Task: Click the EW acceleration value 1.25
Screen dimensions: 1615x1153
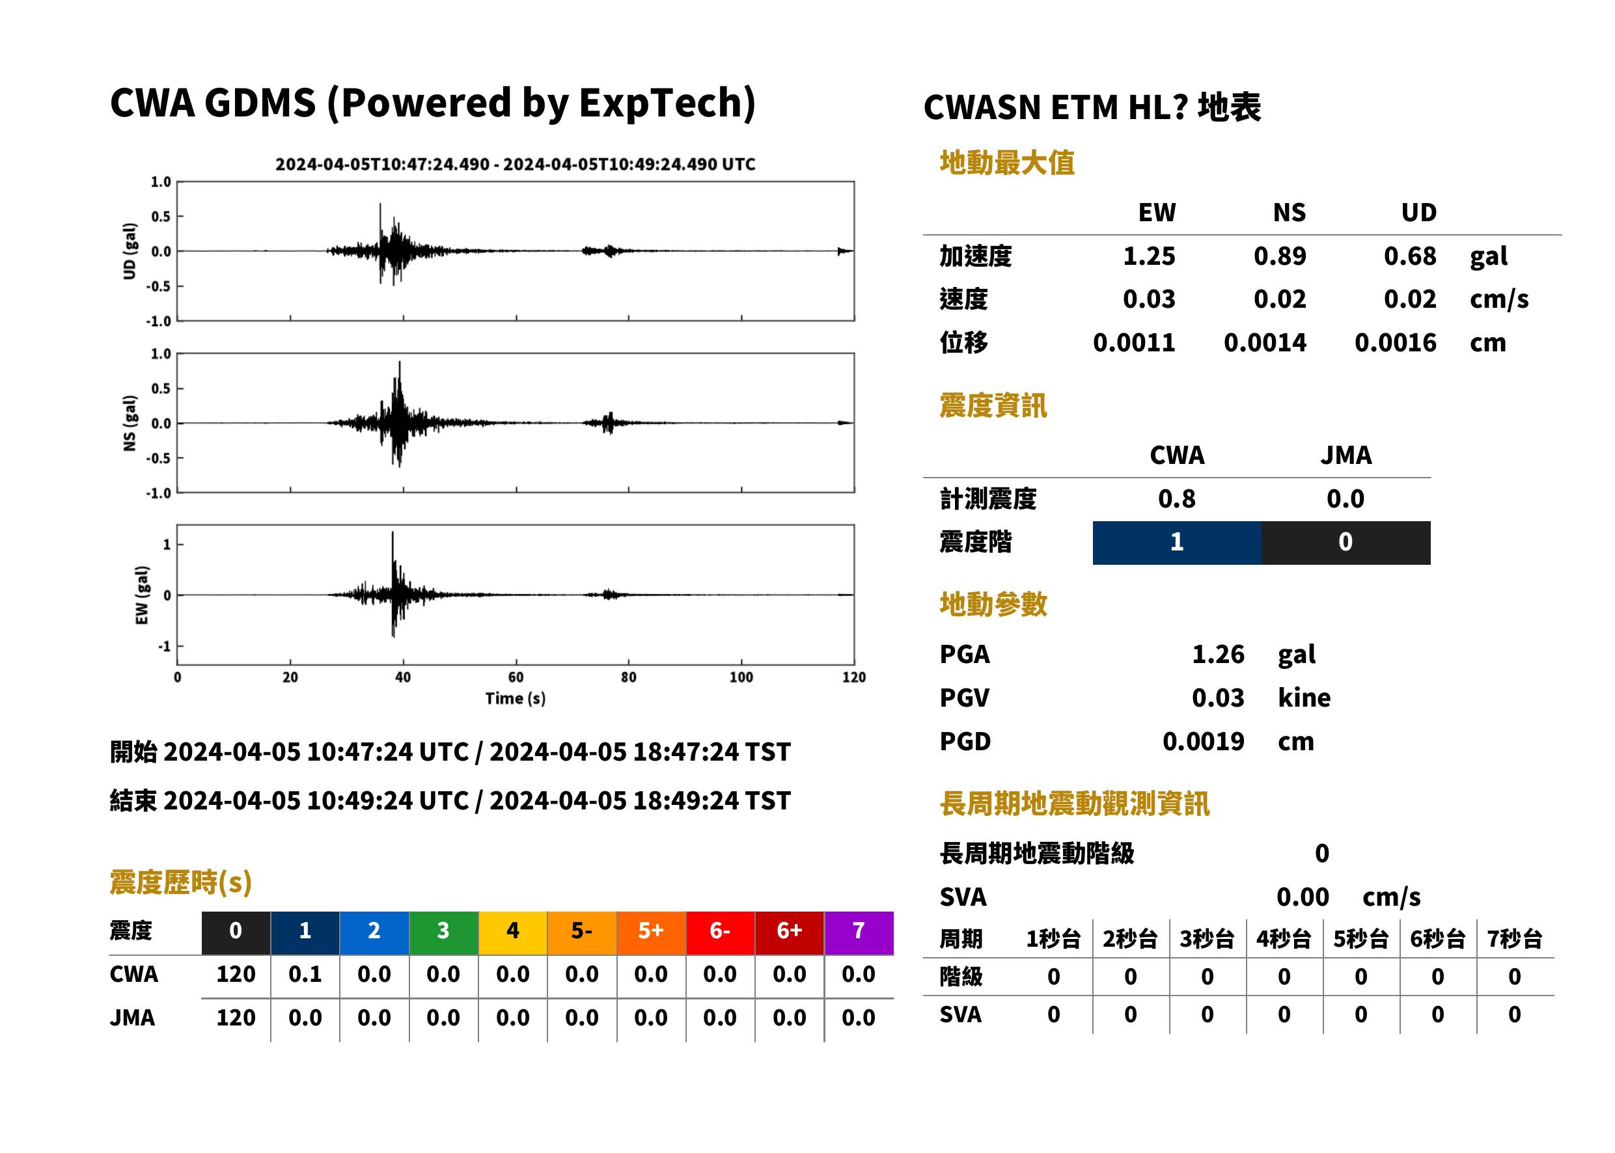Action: (x=1148, y=256)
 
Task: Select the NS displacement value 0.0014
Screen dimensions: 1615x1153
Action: (x=1265, y=343)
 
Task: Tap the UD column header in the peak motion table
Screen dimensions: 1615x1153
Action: (x=1418, y=212)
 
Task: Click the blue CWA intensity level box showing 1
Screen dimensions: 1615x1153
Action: (x=1177, y=543)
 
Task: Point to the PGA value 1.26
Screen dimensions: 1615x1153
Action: (x=1218, y=654)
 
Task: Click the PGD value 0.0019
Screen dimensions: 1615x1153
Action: (x=1203, y=741)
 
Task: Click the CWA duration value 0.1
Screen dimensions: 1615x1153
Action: (x=305, y=974)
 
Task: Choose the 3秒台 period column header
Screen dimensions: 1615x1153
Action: (x=1207, y=938)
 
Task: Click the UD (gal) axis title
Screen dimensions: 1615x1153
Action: (x=130, y=251)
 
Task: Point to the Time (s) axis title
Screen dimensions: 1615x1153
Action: (x=516, y=699)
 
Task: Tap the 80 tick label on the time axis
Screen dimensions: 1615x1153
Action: (x=629, y=677)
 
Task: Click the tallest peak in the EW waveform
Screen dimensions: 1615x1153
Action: (x=393, y=532)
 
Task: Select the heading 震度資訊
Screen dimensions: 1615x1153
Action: (x=993, y=405)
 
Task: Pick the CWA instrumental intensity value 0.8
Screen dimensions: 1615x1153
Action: (x=1177, y=499)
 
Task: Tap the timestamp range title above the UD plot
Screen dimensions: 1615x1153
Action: (x=516, y=164)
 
